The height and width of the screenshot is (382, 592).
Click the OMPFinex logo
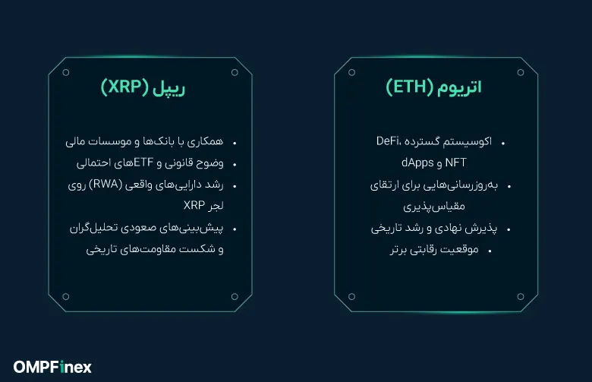click(52, 367)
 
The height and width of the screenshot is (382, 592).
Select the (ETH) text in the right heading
click(411, 88)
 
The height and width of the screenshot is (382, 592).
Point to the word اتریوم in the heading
click(458, 88)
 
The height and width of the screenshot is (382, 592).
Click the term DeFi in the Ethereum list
click(389, 142)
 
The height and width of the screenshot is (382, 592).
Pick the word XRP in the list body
click(195, 206)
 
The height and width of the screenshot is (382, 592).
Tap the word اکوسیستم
click(466, 142)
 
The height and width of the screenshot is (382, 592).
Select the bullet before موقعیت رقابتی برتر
click(490, 251)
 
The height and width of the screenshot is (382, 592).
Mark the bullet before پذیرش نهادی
click(508, 229)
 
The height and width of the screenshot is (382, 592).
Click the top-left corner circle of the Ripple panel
click(66, 73)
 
